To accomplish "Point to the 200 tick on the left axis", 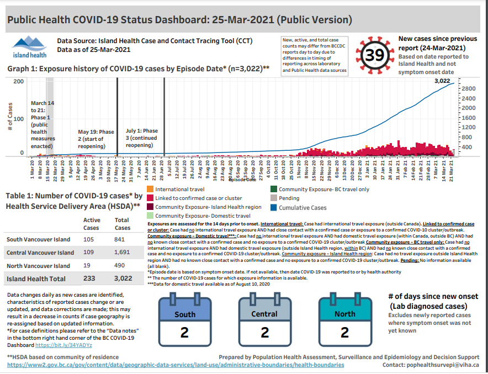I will click(18, 82).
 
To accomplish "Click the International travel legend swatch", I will click(151, 189).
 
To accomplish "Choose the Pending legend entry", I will click(289, 198).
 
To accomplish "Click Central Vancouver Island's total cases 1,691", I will click(122, 252).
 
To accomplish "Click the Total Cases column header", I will click(122, 224).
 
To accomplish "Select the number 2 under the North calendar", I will click(345, 333).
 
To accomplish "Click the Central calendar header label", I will click(265, 314).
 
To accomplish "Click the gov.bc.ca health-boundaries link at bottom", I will click(176, 365).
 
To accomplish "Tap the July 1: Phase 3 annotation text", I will click(141, 138).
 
